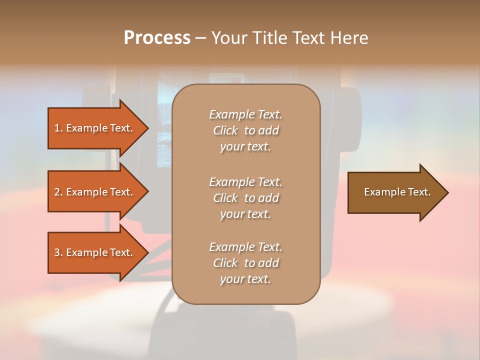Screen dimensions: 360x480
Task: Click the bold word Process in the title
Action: [x=157, y=38]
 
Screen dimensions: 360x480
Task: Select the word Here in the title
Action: [x=348, y=38]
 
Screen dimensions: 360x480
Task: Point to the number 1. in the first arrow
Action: [x=58, y=128]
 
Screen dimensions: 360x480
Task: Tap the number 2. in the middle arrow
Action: [x=58, y=192]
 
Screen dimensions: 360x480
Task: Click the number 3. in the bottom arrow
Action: [x=58, y=252]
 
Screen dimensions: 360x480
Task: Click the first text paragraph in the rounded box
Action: [x=245, y=130]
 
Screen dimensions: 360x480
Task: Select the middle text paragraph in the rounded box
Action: [x=245, y=198]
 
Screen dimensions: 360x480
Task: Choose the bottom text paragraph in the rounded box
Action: [x=245, y=263]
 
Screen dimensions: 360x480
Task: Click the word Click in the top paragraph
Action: [x=225, y=130]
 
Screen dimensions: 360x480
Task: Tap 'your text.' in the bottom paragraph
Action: [x=245, y=279]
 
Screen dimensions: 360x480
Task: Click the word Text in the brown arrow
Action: [x=419, y=192]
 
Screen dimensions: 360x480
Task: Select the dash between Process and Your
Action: [x=200, y=38]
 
